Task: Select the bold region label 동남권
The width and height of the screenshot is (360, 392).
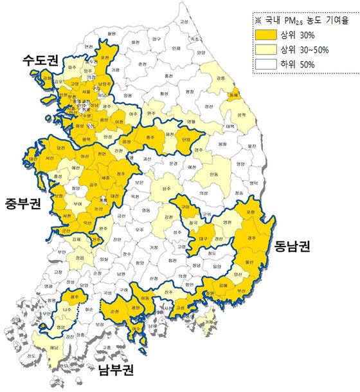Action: (291, 245)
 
